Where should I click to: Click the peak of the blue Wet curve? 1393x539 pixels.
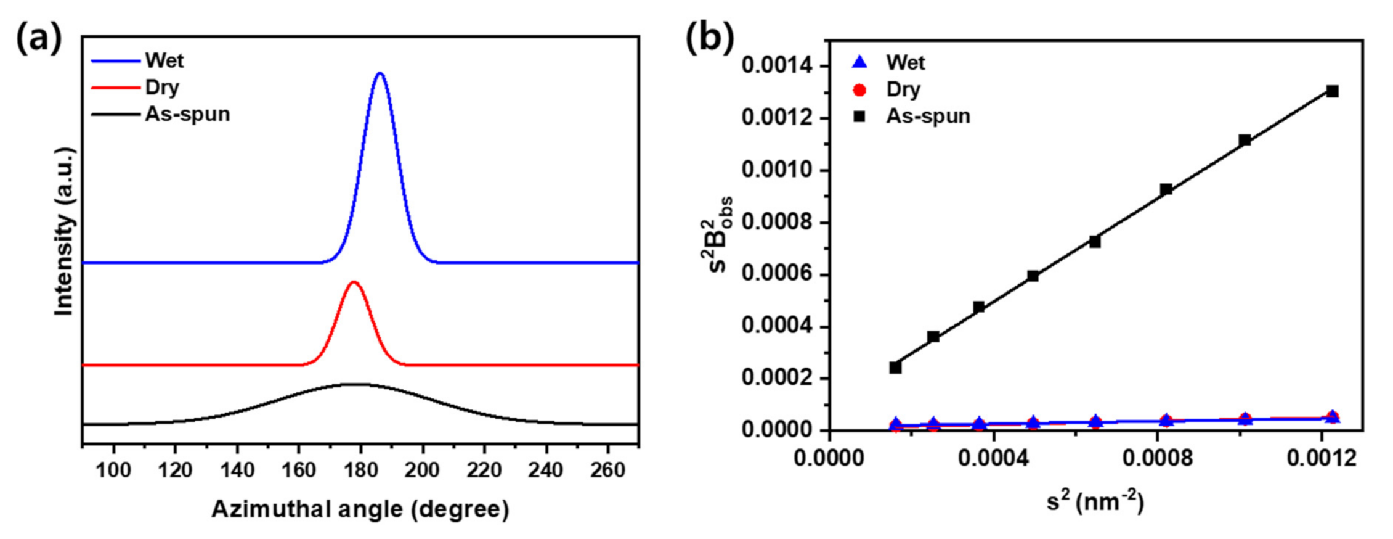click(380, 73)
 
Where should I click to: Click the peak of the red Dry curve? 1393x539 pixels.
click(354, 282)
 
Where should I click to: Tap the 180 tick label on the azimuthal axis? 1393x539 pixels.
click(360, 471)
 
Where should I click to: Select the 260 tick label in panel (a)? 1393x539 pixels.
click(607, 471)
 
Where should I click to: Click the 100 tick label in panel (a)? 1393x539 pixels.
click(113, 471)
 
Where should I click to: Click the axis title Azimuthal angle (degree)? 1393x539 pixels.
click(360, 509)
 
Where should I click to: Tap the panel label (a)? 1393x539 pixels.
click(38, 38)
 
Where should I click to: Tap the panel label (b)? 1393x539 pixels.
click(710, 38)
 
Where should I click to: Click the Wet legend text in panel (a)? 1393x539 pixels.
click(164, 60)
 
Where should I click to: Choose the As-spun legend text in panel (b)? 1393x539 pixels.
click(928, 116)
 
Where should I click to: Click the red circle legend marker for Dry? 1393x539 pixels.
click(859, 90)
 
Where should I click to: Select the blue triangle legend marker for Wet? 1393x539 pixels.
click(859, 62)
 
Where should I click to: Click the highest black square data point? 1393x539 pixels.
click(1332, 91)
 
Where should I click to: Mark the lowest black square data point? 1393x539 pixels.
click(895, 368)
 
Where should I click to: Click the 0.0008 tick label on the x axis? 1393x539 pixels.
click(1157, 458)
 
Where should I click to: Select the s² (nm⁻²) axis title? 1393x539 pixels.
click(1095, 503)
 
